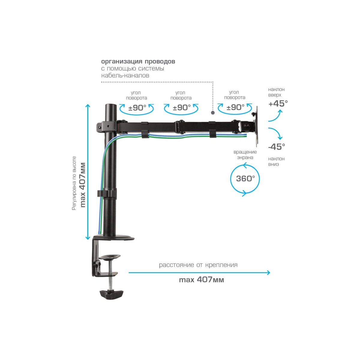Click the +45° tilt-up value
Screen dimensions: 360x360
pos(278,103)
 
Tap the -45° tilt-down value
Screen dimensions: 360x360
pos(277,147)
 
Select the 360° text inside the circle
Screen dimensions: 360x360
pos(245,178)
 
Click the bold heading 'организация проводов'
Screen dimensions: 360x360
pos(138,61)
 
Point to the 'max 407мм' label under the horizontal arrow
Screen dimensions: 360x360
pos(201,280)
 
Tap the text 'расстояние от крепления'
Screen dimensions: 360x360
pos(198,265)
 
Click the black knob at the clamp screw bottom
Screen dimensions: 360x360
pos(112,294)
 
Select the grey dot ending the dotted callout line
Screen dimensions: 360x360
pos(213,113)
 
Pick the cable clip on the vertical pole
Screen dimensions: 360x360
pos(106,193)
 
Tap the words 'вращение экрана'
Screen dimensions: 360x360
pos(245,155)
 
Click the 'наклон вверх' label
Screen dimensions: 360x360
pos(276,92)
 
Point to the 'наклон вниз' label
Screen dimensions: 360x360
pos(276,161)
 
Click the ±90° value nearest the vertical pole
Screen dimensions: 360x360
pos(137,108)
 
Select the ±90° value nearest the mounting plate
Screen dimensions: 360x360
pos(235,107)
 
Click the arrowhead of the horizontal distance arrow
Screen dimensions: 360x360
pos(268,273)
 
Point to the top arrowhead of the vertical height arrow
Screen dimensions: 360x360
pos(88,106)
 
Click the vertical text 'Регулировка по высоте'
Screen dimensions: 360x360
pos(74,183)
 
